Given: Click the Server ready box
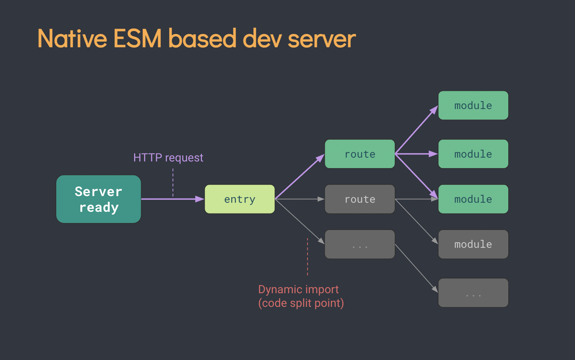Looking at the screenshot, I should click(x=99, y=199).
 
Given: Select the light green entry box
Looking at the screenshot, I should click(x=240, y=199).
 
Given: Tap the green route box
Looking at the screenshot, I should click(x=360, y=154).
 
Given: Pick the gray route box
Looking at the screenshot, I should click(x=360, y=199).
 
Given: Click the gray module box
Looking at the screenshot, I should click(x=473, y=244).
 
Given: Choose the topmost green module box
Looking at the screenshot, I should click(x=473, y=106).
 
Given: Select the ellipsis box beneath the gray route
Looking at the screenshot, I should click(x=360, y=244).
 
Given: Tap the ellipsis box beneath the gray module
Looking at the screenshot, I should click(x=473, y=293).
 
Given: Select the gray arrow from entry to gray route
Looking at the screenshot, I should click(x=300, y=199).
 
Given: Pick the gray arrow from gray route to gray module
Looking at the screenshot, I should click(x=416, y=222).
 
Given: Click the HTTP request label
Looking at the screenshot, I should click(x=168, y=158).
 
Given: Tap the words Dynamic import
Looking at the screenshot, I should click(x=298, y=289).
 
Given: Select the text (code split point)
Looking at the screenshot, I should click(x=301, y=303).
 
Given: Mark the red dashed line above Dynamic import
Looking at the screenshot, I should click(x=307, y=257).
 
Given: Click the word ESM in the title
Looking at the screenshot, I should click(x=138, y=38).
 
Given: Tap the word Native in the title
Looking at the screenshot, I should click(x=72, y=38).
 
